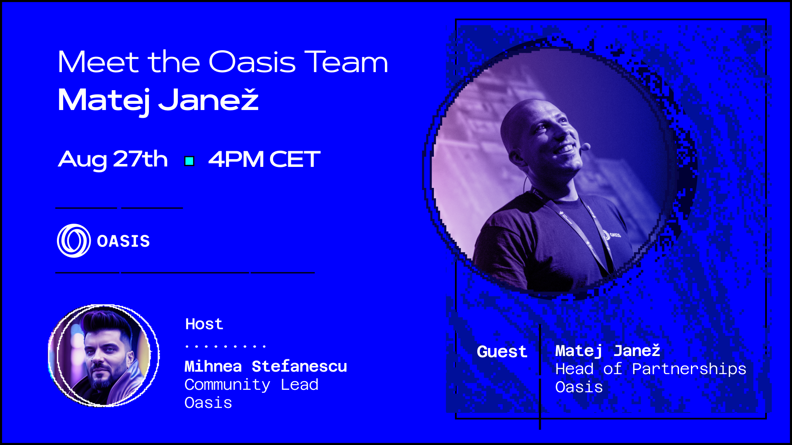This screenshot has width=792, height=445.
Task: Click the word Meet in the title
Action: [x=99, y=62]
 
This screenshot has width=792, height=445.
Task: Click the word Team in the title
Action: [x=346, y=62]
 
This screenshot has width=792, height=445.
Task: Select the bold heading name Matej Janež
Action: [x=158, y=100]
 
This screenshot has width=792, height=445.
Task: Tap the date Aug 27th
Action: [x=113, y=159]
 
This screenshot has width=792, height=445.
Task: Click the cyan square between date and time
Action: [x=189, y=161]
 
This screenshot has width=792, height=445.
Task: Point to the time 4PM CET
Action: [x=264, y=159]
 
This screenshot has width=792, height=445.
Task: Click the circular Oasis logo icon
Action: [x=74, y=241]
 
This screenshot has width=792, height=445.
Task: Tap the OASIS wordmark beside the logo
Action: [x=123, y=241]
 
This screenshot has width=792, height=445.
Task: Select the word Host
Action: [x=204, y=324]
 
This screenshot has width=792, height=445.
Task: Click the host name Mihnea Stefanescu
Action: [x=266, y=366]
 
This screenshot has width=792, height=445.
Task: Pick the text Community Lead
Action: [x=251, y=385]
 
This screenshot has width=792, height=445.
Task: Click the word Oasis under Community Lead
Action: [x=208, y=403]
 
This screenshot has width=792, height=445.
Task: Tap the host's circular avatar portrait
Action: [x=104, y=356]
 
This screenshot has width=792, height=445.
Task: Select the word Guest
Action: [x=502, y=351]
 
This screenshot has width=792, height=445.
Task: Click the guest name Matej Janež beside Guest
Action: [x=608, y=351]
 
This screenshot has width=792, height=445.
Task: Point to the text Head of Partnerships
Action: [x=651, y=369]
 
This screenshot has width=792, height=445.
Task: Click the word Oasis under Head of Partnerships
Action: [x=579, y=387]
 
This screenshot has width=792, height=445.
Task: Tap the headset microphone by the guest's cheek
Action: [x=585, y=146]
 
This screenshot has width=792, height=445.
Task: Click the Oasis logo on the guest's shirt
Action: [x=611, y=235]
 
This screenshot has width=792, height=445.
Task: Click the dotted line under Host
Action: [x=226, y=346]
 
